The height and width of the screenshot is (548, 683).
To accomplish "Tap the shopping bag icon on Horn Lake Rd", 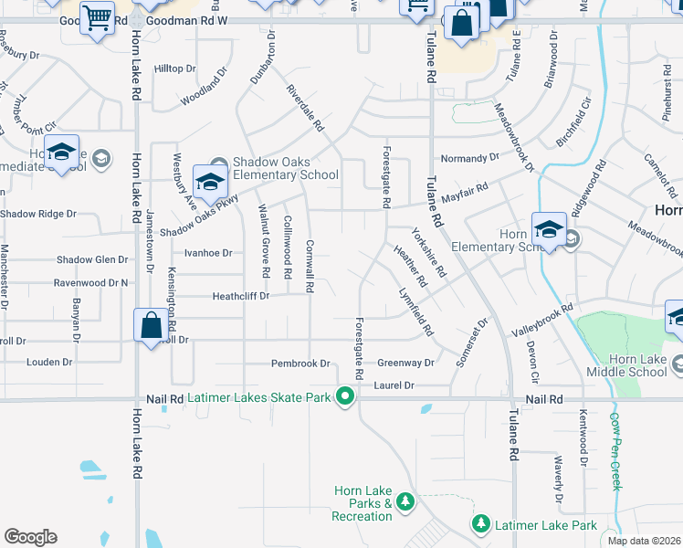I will click(151, 326).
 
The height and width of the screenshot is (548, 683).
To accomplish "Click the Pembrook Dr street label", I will click(300, 364).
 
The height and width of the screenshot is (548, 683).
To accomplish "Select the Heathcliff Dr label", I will click(240, 296).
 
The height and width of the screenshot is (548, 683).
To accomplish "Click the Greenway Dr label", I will click(405, 364).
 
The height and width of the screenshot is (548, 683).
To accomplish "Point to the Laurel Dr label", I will click(394, 386).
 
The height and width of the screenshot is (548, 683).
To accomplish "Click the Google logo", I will click(30, 537).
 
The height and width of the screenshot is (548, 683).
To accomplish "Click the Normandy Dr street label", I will click(470, 157).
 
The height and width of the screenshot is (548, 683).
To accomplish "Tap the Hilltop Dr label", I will click(175, 68).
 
